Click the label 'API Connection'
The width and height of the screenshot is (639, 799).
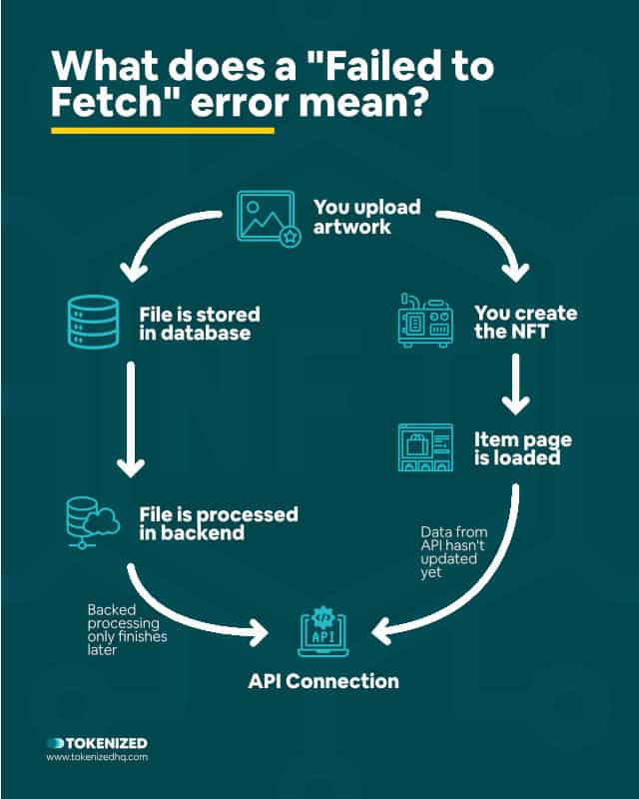323,681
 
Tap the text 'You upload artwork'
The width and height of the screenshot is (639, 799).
366,218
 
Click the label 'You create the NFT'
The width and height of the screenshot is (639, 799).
525,323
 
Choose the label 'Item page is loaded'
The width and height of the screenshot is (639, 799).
516,448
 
